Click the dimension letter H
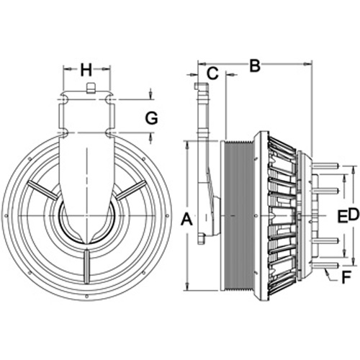click(x=86, y=70)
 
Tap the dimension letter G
click(x=151, y=118)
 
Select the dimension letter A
click(x=186, y=220)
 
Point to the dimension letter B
click(x=255, y=66)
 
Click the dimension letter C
click(x=212, y=73)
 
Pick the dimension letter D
click(x=354, y=215)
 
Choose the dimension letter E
click(x=343, y=215)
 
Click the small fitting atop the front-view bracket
click(x=90, y=88)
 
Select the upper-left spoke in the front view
click(x=42, y=190)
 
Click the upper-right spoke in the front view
click(x=131, y=190)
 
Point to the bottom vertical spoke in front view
click(x=86, y=266)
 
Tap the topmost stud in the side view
click(x=324, y=166)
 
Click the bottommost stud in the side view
click(x=324, y=265)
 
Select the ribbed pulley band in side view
click(x=238, y=216)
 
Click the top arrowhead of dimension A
click(x=187, y=145)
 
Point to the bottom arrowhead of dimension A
click(x=187, y=287)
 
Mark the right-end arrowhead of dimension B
click(x=307, y=64)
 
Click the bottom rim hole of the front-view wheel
click(x=87, y=297)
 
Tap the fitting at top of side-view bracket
click(x=197, y=86)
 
